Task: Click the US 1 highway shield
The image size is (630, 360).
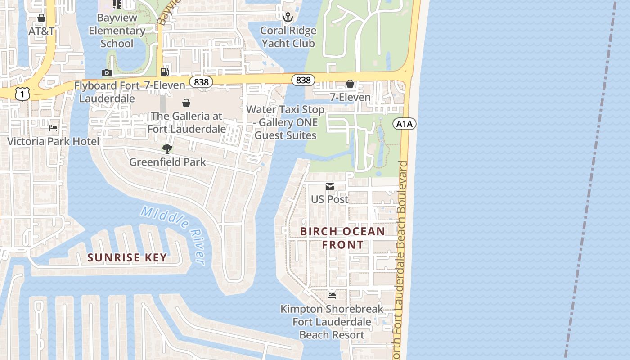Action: click(22, 94)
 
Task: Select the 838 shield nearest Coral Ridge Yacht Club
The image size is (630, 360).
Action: click(303, 80)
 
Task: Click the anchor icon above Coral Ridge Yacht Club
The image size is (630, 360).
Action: click(288, 18)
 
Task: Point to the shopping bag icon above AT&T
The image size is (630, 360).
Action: click(41, 18)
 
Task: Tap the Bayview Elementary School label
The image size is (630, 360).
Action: click(117, 31)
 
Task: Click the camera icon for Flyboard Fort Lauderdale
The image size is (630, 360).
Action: click(106, 72)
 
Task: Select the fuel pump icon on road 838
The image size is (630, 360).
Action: click(165, 72)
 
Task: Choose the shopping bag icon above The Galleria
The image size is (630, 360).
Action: click(186, 103)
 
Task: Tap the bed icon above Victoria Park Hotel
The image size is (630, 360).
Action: click(53, 128)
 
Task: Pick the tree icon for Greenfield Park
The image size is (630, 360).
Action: click(167, 148)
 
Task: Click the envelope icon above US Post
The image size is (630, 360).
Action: click(330, 186)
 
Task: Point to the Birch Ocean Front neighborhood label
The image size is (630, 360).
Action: click(342, 238)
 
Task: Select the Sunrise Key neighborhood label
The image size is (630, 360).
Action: click(127, 257)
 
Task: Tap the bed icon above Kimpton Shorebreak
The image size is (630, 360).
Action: click(332, 296)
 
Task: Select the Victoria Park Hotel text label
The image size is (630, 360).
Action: click(53, 141)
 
